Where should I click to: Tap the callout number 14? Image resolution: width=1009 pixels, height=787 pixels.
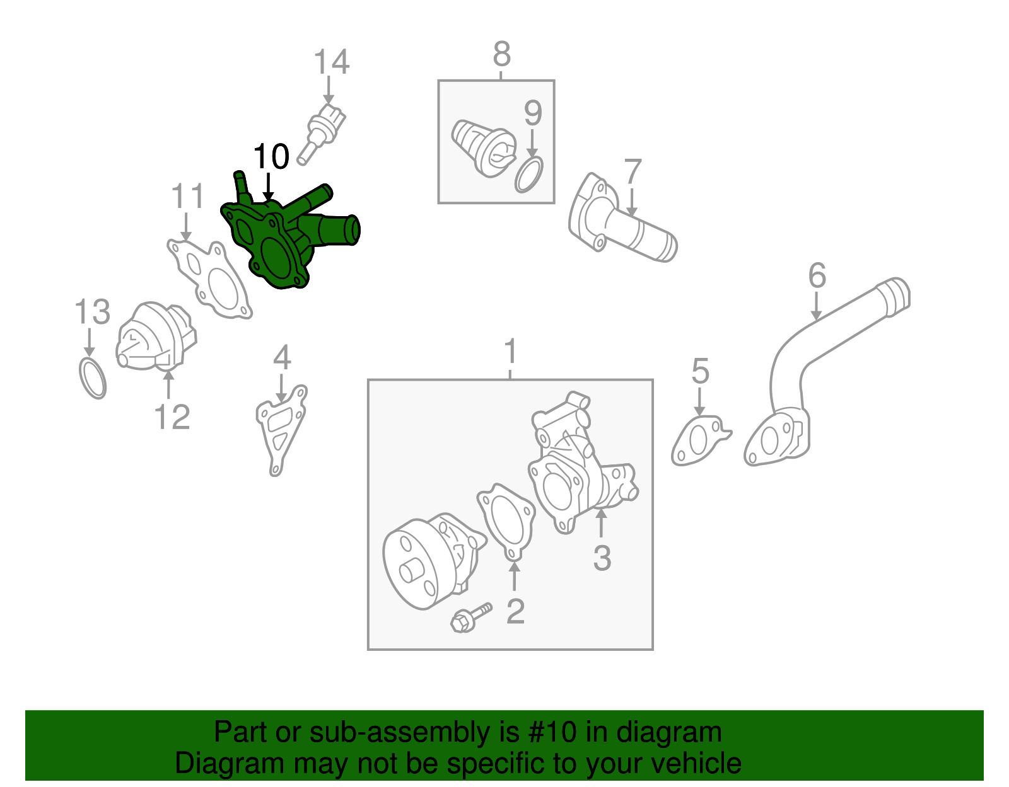coord(331,62)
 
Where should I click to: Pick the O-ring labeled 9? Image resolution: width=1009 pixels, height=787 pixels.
coord(529,175)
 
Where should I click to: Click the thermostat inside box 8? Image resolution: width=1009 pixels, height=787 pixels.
coord(483,148)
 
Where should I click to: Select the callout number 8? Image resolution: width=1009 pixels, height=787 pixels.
coord(501,54)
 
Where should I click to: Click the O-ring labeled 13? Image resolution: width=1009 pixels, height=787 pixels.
coord(93,377)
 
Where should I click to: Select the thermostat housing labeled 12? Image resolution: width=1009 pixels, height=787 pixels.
coord(155,337)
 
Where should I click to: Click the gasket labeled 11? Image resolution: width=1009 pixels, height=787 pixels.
coord(211,280)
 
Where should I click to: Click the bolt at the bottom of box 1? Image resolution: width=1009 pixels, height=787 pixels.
coord(470,618)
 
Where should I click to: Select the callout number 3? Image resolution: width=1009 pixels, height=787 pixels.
coord(602,558)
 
